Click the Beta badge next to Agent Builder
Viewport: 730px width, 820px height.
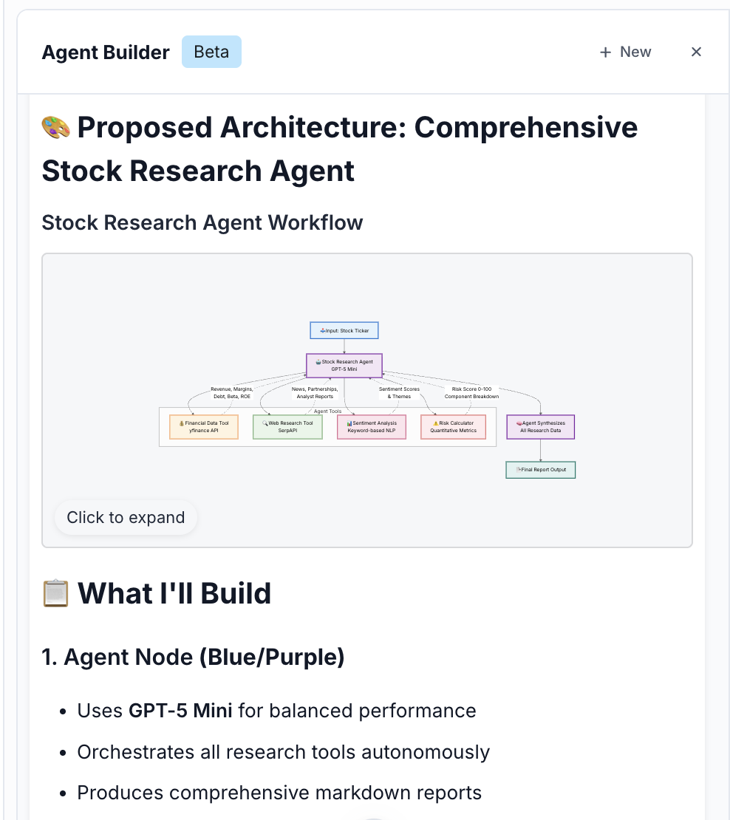[x=211, y=52]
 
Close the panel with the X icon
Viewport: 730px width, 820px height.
[x=696, y=52]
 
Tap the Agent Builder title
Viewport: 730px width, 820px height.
[x=106, y=52]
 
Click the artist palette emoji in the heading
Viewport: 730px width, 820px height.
[x=56, y=128]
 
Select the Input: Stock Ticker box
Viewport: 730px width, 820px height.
[x=344, y=330]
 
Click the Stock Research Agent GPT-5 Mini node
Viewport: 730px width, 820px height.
[x=344, y=365]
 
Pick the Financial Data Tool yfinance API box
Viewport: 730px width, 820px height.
[x=204, y=427]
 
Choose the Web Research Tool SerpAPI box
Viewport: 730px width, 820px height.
[x=287, y=427]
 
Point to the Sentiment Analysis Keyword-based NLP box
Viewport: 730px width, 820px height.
[x=372, y=427]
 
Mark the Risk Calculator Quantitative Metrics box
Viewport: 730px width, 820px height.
[x=454, y=427]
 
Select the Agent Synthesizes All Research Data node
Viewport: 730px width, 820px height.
[x=540, y=427]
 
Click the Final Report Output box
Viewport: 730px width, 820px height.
[x=541, y=469]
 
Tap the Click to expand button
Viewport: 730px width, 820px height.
[x=126, y=518]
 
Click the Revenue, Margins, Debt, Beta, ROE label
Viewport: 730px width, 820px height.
[x=231, y=392]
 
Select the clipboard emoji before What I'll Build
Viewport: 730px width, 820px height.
[x=56, y=594]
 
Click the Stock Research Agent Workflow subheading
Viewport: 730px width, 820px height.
[x=202, y=222]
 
